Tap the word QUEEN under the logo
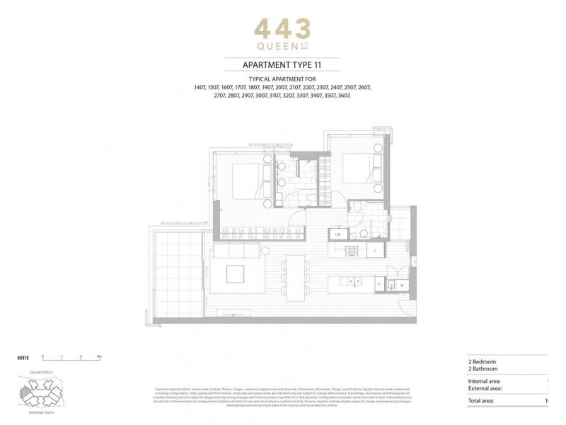(277, 49)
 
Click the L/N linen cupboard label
(338, 234)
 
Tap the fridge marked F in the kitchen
(375, 250)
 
